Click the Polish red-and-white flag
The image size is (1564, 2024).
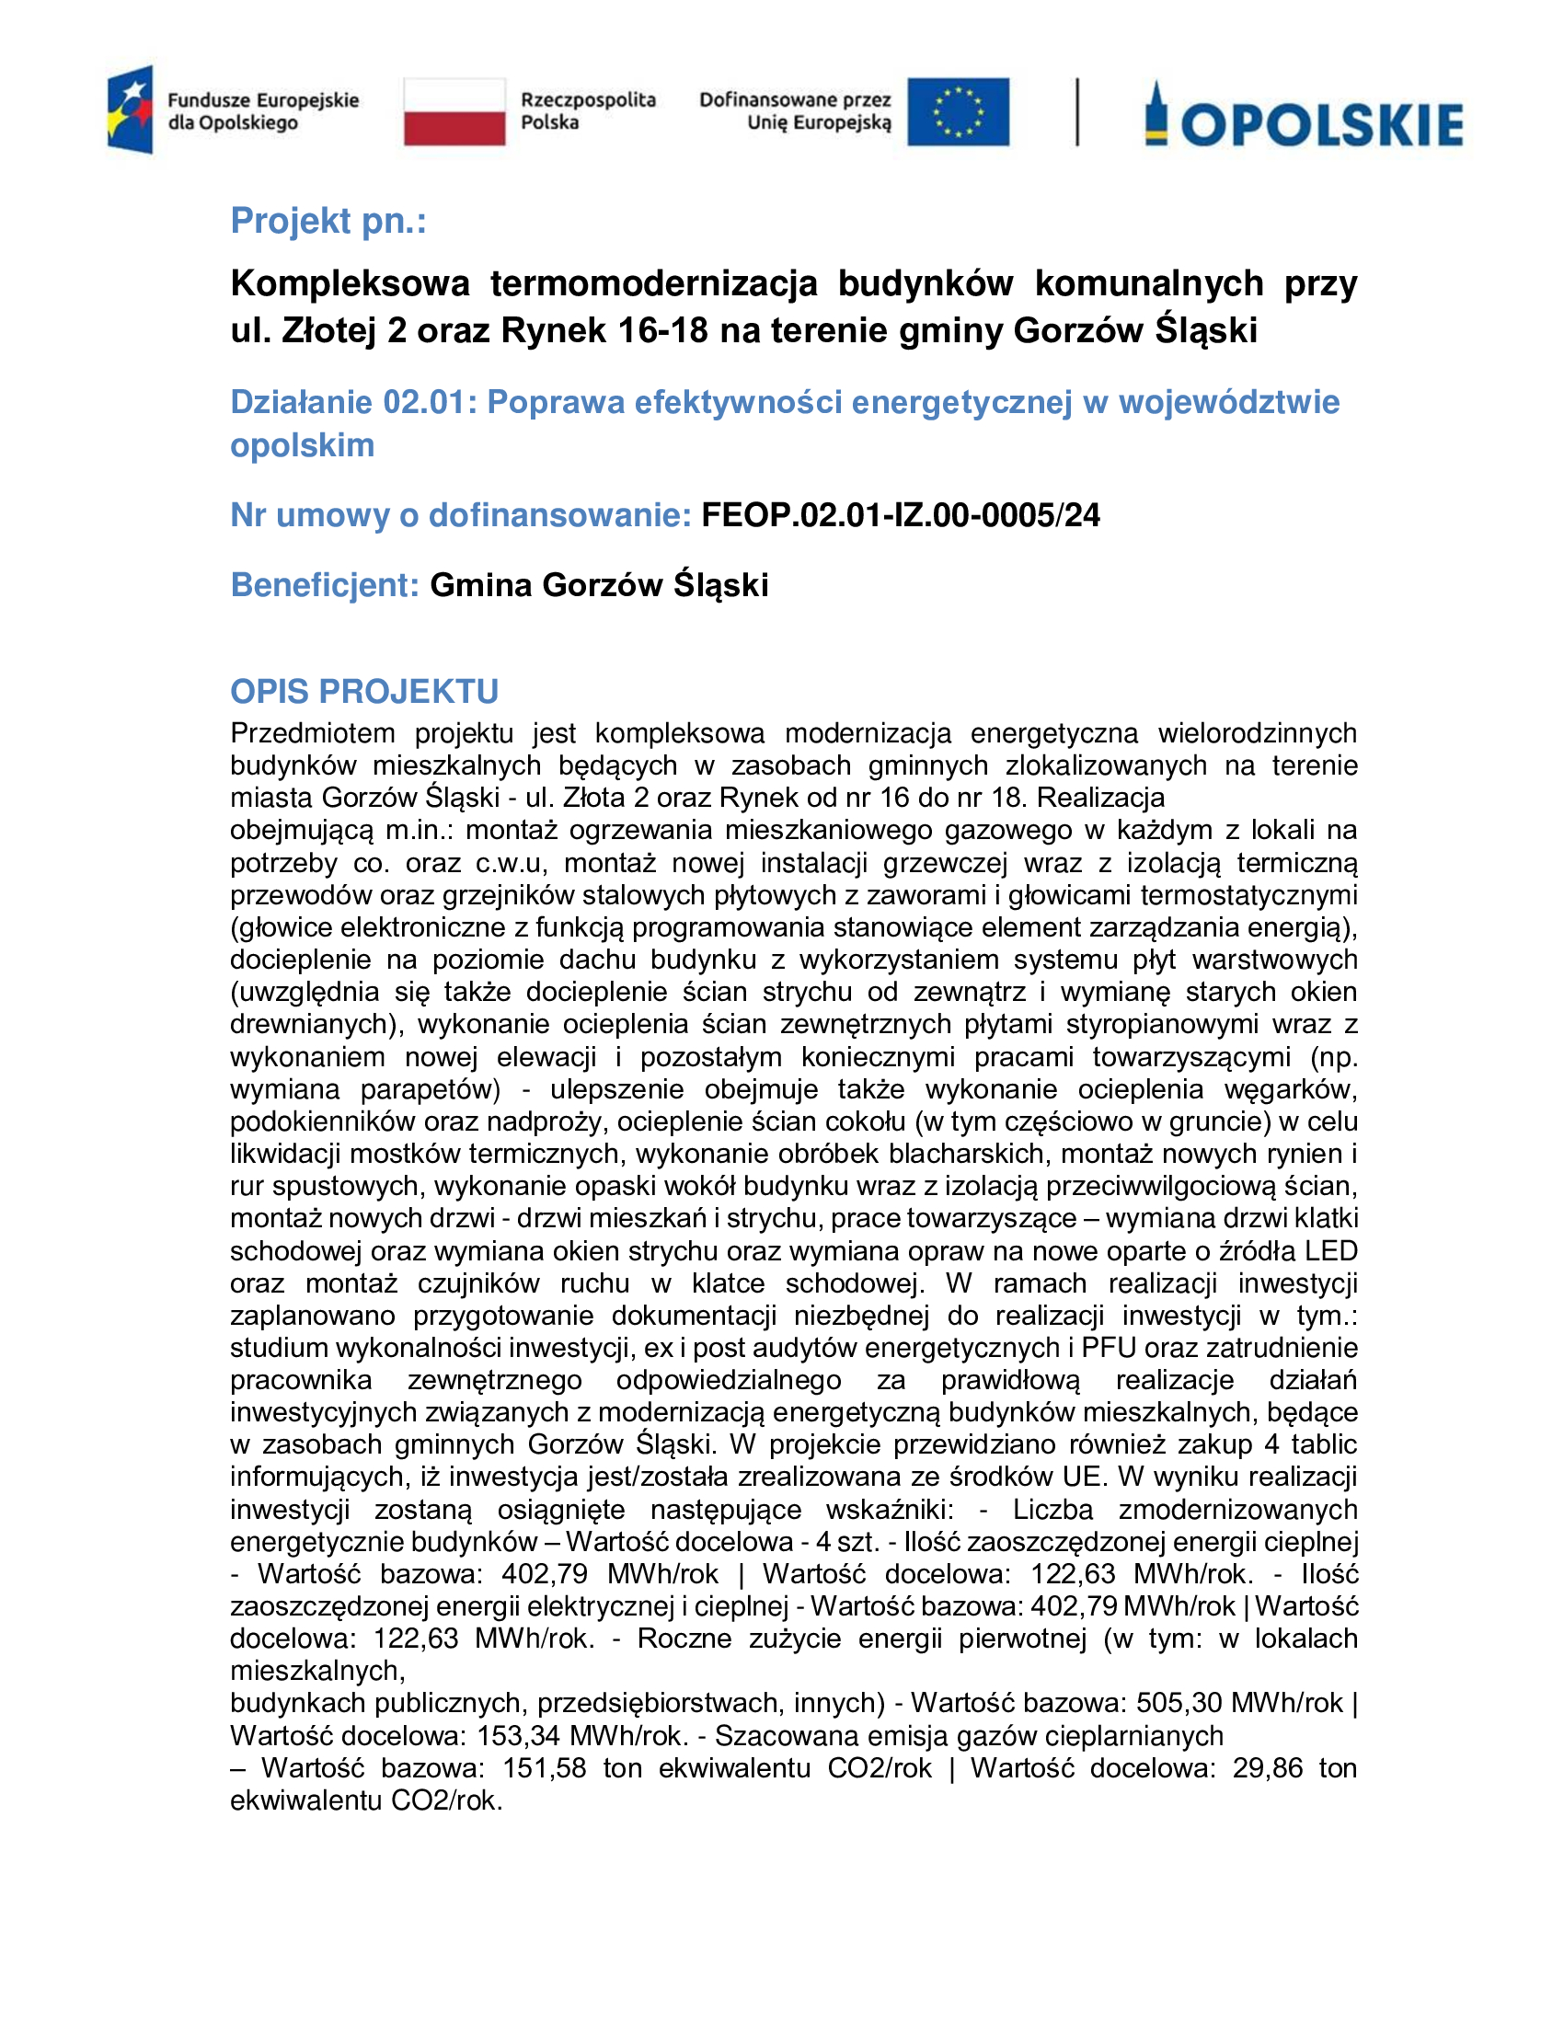click(454, 111)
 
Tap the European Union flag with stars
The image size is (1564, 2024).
click(957, 111)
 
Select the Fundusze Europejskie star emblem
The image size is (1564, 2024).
click(131, 109)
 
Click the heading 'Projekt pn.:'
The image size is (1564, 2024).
click(328, 221)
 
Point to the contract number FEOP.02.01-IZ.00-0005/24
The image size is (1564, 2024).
click(901, 514)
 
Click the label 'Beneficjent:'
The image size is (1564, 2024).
click(325, 585)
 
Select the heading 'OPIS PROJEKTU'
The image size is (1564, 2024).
click(364, 691)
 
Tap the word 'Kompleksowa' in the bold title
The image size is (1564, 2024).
click(350, 282)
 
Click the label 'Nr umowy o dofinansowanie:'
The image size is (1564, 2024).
click(461, 514)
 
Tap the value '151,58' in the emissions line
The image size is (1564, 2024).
click(545, 1767)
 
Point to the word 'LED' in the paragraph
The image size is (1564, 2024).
click(1330, 1250)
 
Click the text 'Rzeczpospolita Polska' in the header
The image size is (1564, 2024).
click(588, 111)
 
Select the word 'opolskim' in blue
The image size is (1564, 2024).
click(302, 445)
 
